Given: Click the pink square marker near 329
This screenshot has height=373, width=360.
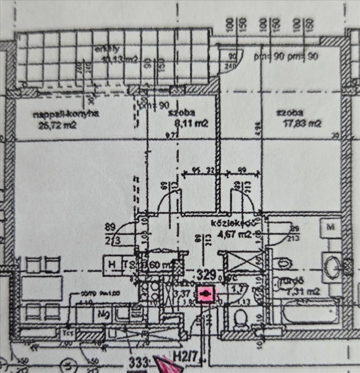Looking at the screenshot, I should (204, 294).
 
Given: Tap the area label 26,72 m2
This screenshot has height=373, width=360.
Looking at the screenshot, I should (57, 125).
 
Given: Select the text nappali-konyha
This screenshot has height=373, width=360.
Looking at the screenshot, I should (66, 115).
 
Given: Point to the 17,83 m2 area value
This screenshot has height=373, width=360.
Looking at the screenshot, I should (303, 123).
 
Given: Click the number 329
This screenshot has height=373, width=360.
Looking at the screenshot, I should (207, 275).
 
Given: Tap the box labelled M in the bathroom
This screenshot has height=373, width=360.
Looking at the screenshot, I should (331, 227).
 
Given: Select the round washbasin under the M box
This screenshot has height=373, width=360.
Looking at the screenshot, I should (333, 266).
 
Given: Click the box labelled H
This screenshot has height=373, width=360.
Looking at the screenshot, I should (111, 264).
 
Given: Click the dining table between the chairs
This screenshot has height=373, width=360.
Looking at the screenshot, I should (42, 288).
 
